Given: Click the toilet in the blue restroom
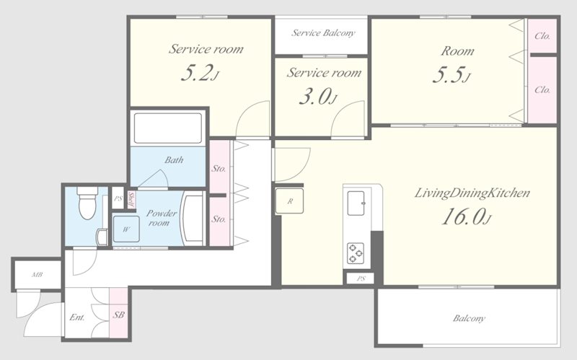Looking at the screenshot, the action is (87, 203).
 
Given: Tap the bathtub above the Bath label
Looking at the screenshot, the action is (168, 128).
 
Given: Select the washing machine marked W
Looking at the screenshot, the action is (125, 229).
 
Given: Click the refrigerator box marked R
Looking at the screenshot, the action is (290, 201).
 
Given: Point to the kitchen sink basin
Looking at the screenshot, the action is (356, 203).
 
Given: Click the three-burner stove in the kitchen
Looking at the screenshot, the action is (356, 253).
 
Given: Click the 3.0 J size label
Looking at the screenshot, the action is (318, 97).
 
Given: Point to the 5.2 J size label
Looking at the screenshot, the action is (201, 73).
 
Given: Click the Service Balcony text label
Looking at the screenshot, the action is (323, 33).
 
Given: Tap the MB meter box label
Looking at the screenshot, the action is (37, 275).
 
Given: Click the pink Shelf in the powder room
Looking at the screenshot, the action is (131, 199).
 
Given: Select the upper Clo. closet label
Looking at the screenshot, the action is (542, 36).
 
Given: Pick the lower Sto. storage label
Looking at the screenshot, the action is (219, 219).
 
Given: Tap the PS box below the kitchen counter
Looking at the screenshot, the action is (361, 278).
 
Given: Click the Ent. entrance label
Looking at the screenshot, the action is (77, 317).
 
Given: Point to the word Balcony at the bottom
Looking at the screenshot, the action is (469, 318).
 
